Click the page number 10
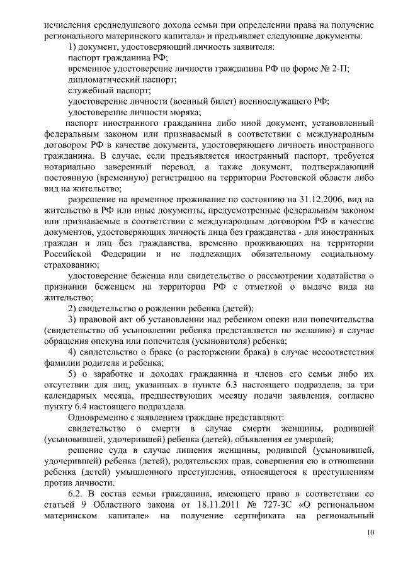pyautogui.click(x=372, y=535)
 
